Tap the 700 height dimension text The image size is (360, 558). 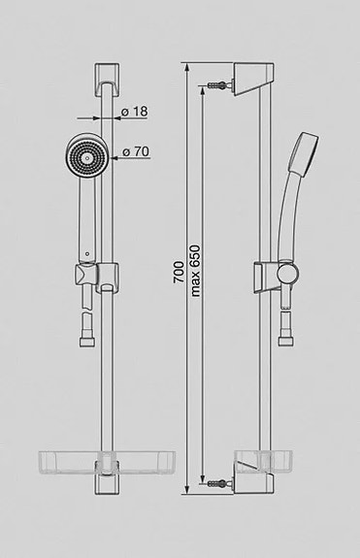tap(178, 276)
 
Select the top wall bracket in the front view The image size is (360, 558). tap(105, 80)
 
